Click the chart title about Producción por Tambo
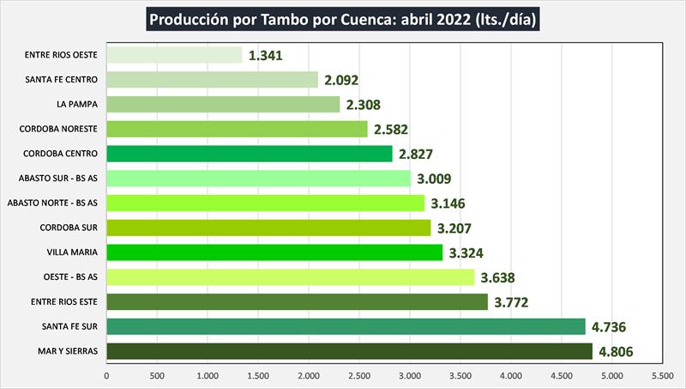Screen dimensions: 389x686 [342, 19]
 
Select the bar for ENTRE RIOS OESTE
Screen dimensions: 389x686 [174, 55]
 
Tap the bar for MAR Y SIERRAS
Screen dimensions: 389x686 [349, 351]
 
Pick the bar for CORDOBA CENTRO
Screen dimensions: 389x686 [249, 154]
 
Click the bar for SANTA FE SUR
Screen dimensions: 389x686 [346, 326]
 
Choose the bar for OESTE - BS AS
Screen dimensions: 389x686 [290, 277]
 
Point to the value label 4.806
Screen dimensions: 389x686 [616, 351]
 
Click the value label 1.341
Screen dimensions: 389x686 [265, 56]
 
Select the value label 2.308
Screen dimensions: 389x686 [363, 105]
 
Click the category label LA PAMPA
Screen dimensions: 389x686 [75, 105]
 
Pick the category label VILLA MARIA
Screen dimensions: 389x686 [71, 252]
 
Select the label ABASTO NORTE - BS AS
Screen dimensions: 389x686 [51, 204]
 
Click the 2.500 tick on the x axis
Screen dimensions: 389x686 [359, 375]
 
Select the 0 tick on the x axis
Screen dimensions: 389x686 [107, 375]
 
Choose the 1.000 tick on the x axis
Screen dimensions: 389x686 [208, 375]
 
